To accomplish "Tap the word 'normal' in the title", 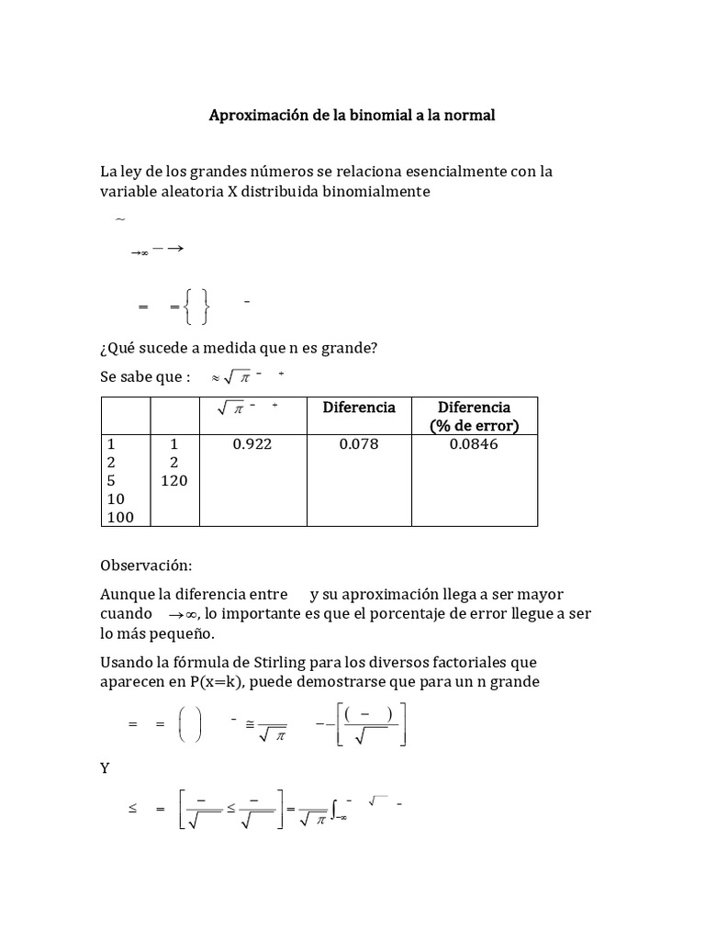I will click(x=465, y=116).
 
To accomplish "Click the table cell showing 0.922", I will click(x=252, y=444).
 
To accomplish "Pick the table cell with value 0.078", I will click(x=358, y=444).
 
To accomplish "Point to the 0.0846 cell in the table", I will click(x=474, y=444).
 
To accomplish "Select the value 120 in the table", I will click(x=173, y=481).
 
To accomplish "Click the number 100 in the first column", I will click(x=120, y=517).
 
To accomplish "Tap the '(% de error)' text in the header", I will click(x=474, y=425).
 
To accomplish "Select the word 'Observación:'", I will click(x=146, y=566).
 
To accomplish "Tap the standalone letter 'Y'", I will click(x=106, y=767).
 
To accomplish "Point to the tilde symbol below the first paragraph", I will click(x=119, y=219).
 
